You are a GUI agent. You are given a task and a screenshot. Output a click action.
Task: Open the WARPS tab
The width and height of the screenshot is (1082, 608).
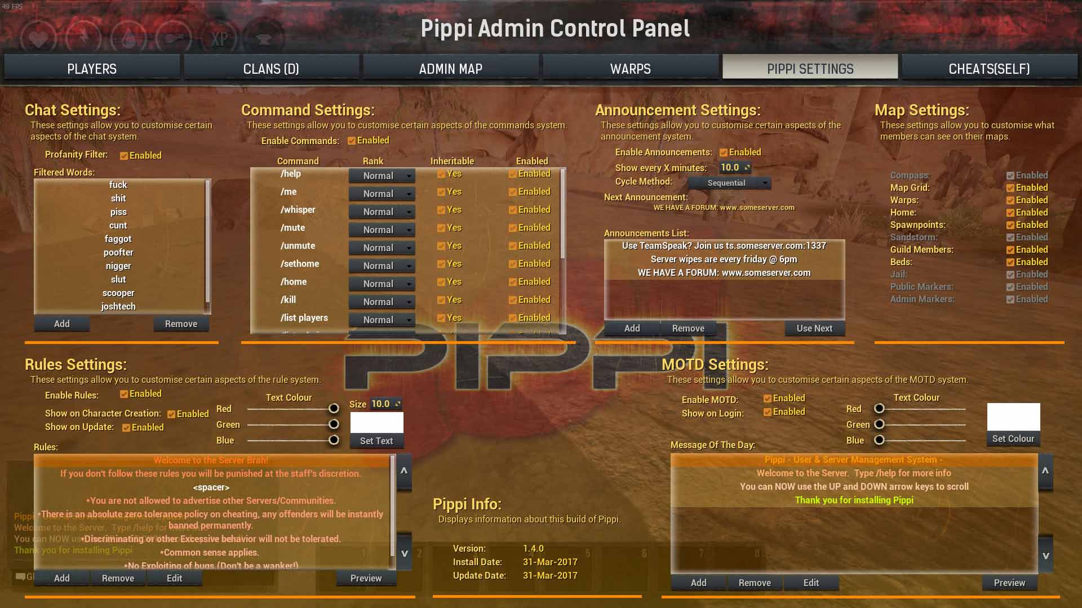tap(630, 69)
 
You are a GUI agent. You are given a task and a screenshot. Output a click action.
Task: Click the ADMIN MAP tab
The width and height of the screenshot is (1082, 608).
tap(450, 69)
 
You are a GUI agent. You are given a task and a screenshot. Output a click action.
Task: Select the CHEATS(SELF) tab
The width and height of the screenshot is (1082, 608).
tap(989, 69)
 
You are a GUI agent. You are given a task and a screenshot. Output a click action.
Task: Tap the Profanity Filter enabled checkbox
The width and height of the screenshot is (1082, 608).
tap(124, 156)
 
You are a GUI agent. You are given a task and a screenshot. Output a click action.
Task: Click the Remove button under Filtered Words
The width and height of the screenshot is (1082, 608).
tap(181, 324)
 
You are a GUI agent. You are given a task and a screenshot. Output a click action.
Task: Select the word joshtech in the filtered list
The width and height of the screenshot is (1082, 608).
tap(118, 306)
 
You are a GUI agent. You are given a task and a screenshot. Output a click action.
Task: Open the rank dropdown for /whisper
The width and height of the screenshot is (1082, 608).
tap(382, 212)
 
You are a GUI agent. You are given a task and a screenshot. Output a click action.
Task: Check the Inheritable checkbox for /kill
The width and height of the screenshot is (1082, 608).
tap(441, 300)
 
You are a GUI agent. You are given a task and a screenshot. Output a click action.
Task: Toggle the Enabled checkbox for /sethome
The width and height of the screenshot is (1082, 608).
tap(513, 264)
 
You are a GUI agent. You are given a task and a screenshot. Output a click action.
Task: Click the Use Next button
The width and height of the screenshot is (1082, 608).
tap(814, 328)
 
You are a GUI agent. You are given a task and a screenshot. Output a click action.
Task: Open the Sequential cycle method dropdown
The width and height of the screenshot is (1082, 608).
tap(729, 183)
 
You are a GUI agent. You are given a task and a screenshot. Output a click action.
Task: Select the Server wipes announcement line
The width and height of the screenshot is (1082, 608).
tap(724, 259)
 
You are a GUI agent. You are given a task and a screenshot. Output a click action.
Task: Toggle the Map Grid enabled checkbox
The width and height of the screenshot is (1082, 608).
tap(1010, 188)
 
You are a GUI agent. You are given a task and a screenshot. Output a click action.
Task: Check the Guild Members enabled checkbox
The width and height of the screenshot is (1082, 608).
tap(1010, 250)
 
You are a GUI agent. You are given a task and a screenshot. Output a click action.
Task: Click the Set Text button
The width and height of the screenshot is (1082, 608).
tap(376, 441)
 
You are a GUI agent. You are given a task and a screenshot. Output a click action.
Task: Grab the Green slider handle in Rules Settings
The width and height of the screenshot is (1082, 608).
tap(334, 424)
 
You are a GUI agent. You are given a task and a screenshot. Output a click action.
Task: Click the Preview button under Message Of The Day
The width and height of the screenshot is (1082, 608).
tap(1009, 583)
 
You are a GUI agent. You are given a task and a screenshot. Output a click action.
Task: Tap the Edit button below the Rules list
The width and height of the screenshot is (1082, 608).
tap(174, 578)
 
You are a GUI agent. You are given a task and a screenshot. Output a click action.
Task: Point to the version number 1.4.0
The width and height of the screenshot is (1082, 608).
tap(533, 548)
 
